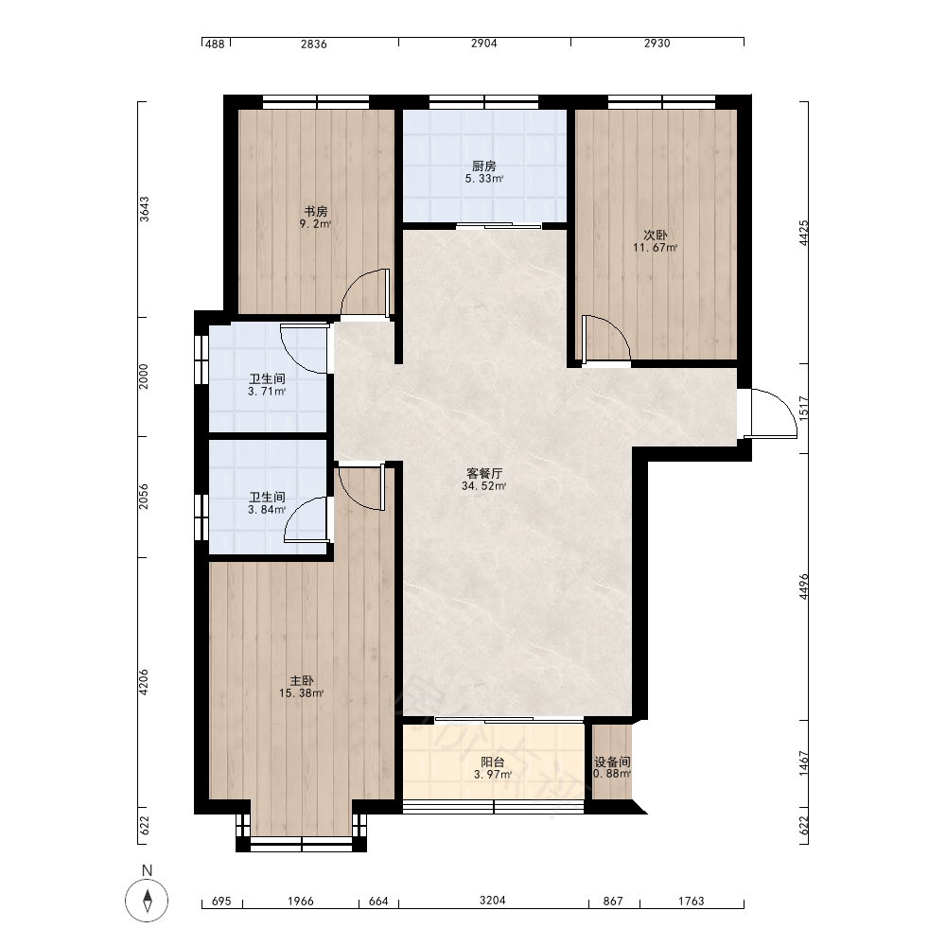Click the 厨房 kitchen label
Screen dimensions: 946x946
coord(483,166)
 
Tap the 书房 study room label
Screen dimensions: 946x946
coord(316,212)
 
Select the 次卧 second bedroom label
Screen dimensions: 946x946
coord(656,236)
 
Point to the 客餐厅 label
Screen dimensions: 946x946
coord(484,474)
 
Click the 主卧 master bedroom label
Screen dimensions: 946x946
coord(302,681)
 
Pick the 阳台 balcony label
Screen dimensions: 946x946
coord(493,762)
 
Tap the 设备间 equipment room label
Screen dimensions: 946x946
coord(612,762)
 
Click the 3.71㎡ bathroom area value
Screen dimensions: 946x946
coord(267,392)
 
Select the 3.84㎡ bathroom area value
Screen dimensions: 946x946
coord(267,510)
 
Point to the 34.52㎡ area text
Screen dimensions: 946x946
coord(483,486)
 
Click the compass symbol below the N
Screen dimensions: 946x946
coord(147,902)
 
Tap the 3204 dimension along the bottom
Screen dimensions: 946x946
coord(492,901)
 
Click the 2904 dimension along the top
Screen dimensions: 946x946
coord(483,44)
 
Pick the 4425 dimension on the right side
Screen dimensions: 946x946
coord(803,233)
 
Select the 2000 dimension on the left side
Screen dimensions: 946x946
coord(144,377)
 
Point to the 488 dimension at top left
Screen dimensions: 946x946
coord(215,44)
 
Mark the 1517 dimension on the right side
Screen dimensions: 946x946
coord(803,409)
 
